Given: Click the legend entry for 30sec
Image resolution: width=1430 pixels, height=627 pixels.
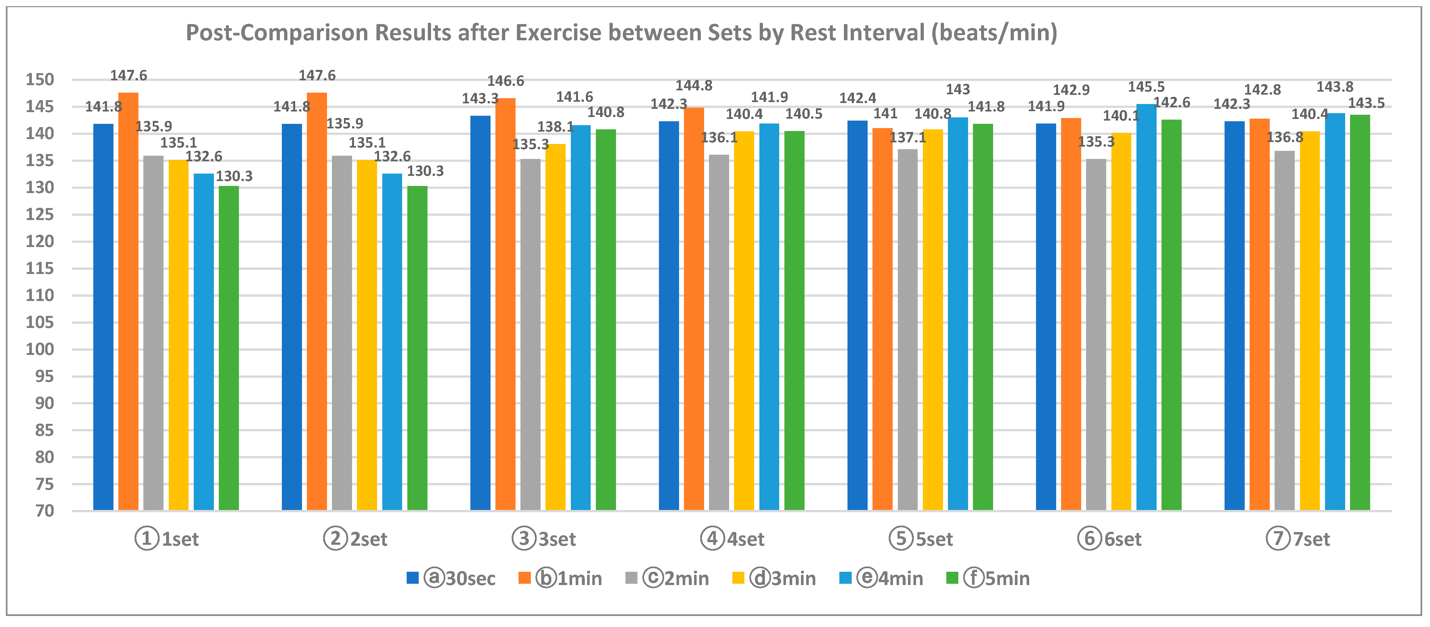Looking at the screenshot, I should [451, 578].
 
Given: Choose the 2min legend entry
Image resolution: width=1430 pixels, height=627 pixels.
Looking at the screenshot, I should [667, 578].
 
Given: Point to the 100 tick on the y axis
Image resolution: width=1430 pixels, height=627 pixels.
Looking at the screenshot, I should [40, 349].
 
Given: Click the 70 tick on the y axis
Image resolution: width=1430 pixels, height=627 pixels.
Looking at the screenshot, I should [45, 511].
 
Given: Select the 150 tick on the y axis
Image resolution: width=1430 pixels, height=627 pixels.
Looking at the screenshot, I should [40, 80].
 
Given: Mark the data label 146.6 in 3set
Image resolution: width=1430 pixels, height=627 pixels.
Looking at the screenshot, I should [505, 81].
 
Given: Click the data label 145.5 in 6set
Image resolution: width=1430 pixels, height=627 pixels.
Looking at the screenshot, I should [1146, 87].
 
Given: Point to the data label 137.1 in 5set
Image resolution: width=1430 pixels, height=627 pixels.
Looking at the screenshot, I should [908, 137].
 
